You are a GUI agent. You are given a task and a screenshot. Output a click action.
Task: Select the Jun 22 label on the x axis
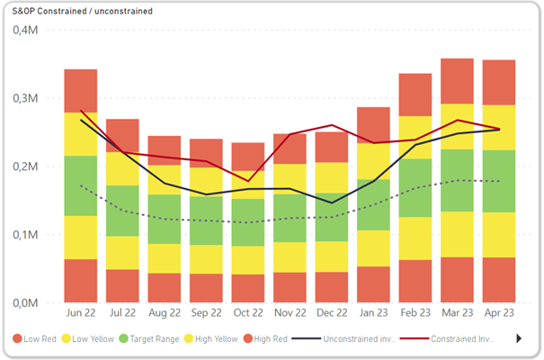point(80,315)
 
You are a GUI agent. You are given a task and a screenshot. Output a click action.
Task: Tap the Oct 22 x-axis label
point(247,315)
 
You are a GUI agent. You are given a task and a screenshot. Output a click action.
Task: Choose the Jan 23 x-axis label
point(373,315)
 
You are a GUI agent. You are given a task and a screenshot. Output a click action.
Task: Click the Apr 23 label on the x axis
point(498,315)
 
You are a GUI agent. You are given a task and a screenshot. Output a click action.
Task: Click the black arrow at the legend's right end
point(518,339)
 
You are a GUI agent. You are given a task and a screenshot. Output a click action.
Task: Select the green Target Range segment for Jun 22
point(80,185)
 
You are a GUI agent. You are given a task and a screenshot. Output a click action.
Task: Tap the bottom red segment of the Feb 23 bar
point(415,281)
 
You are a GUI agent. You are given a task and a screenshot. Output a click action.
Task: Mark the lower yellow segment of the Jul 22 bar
point(122,253)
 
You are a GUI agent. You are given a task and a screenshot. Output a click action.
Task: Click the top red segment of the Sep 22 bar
point(206,153)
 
